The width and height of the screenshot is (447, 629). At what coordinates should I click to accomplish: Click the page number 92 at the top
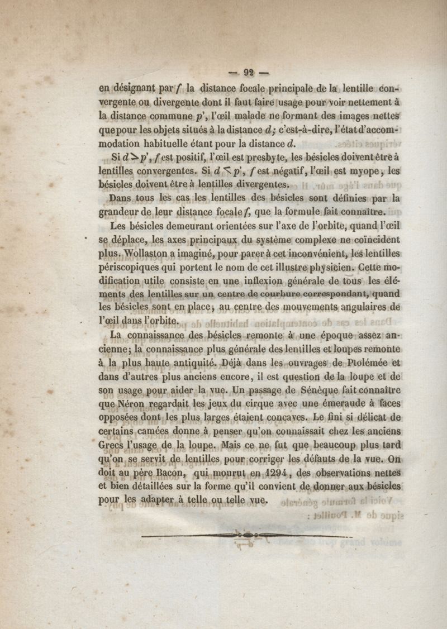click(248, 72)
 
